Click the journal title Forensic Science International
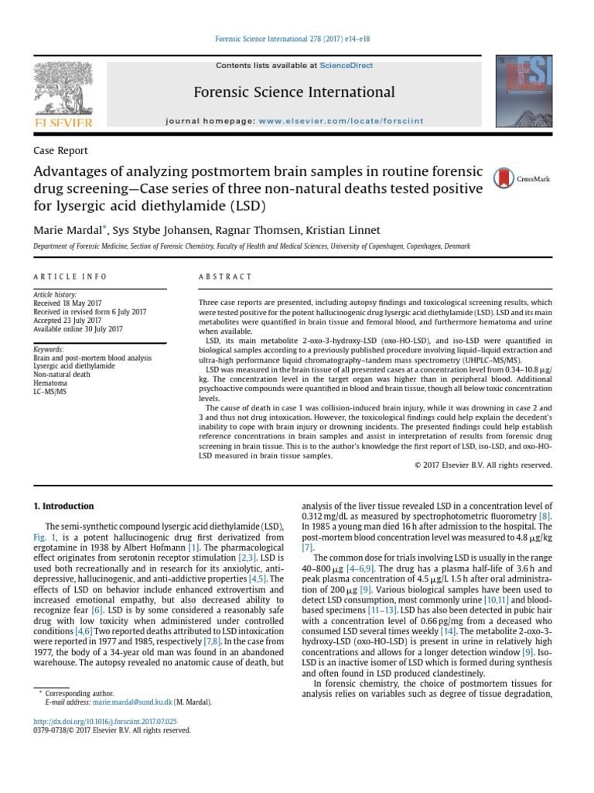(294, 93)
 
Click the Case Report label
(61, 151)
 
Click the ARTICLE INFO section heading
(70, 276)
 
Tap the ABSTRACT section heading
(225, 276)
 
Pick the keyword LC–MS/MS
(50, 391)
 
